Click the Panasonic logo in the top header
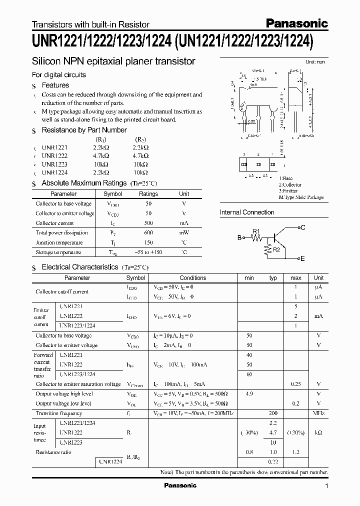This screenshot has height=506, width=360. [x=296, y=23]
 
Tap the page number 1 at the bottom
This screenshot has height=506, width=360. [x=326, y=486]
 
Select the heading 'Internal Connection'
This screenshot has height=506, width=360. [x=247, y=212]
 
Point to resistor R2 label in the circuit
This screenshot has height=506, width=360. [x=276, y=249]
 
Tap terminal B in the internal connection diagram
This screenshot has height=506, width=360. [x=239, y=238]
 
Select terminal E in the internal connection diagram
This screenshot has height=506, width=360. [x=302, y=258]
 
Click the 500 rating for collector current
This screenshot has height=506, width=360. [x=148, y=223]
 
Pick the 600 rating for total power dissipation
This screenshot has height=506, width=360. [x=148, y=233]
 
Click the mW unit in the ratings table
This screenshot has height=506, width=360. [x=184, y=233]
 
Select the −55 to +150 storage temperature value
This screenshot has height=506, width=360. [x=148, y=252]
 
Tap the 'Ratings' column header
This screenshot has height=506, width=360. [x=148, y=193]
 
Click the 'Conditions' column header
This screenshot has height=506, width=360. [x=192, y=277]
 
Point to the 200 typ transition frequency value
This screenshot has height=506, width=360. [x=273, y=413]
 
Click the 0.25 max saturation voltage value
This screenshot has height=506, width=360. [x=295, y=384]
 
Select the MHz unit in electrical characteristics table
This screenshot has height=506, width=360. [x=318, y=413]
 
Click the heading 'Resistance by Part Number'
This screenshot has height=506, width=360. [x=84, y=130]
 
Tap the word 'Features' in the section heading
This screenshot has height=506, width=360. [x=55, y=85]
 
